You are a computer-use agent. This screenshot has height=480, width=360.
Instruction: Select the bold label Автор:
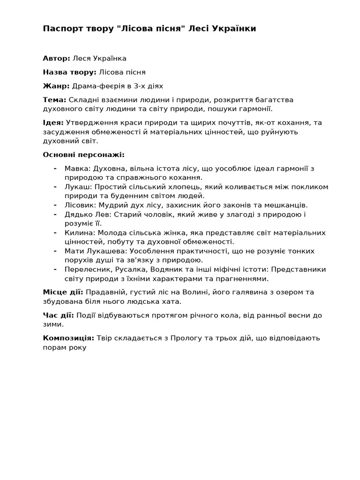tap(57, 59)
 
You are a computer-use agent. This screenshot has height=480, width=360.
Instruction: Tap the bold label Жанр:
tap(56, 86)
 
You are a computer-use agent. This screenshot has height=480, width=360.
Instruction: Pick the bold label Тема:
tap(54, 100)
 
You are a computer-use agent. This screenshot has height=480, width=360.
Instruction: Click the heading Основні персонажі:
tap(84, 155)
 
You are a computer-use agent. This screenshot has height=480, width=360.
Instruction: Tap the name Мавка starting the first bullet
tap(78, 168)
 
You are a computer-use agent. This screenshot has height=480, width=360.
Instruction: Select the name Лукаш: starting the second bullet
tap(78, 187)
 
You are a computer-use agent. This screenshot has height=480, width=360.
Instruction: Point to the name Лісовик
tap(81, 205)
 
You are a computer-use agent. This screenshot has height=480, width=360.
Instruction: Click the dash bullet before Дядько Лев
tap(55, 214)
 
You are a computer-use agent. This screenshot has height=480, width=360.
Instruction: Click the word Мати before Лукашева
tap(74, 251)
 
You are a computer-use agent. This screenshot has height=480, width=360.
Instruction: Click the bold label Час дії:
tap(58, 315)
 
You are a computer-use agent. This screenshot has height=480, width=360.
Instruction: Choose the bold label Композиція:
tap(68, 338)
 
